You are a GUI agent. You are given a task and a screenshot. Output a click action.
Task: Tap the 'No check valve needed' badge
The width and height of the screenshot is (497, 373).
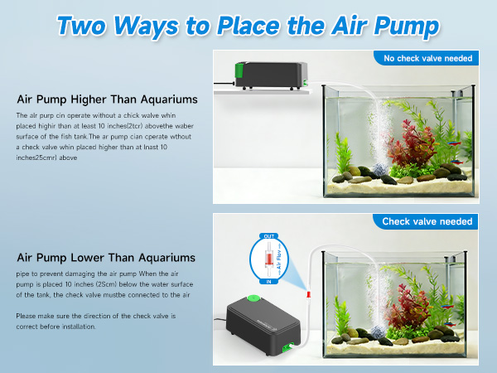pos(428,58)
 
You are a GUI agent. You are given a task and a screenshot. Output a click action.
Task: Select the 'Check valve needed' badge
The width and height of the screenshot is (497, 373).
pos(427,221)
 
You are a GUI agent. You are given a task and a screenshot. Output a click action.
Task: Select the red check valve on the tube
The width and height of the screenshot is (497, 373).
pos(309,294)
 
